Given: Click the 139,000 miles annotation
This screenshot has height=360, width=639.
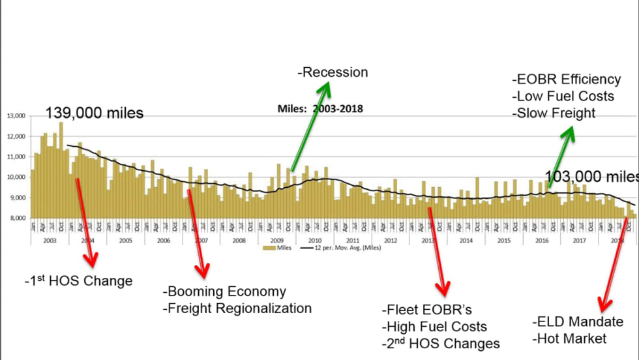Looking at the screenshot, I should [x=94, y=113].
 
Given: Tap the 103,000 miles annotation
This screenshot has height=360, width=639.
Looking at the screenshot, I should [x=591, y=176].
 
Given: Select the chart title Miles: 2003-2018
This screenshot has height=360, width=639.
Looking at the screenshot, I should [x=320, y=109].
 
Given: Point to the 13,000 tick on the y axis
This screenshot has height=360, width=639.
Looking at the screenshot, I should [x=16, y=116].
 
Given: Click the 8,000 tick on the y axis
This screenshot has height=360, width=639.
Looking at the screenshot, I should [x=16, y=218].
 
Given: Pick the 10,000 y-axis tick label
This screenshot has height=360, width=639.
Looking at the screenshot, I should [x=16, y=177].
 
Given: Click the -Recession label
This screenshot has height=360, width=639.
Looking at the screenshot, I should [x=333, y=72].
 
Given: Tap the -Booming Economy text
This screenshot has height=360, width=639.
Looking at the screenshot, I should [x=224, y=292].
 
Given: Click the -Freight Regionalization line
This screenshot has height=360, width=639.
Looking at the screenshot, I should [x=237, y=308].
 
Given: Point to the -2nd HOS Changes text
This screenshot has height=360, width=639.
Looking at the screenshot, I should [x=440, y=343].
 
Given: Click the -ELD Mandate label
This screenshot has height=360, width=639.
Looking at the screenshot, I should [x=576, y=322].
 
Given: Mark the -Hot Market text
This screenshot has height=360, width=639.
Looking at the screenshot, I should [x=569, y=338].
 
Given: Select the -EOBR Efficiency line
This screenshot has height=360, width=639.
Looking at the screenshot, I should [x=566, y=80].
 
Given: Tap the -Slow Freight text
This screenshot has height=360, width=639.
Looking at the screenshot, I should [x=554, y=113].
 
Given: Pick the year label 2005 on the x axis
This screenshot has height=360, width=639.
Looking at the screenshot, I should [x=125, y=240].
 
